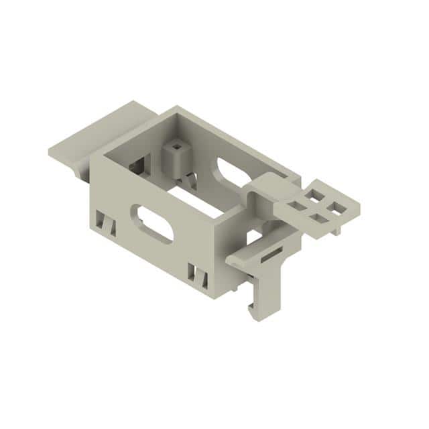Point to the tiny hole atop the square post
pos(176,144)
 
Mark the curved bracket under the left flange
pos(84,172)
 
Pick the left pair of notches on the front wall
pos(105,223)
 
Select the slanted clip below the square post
pos(190,180)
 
